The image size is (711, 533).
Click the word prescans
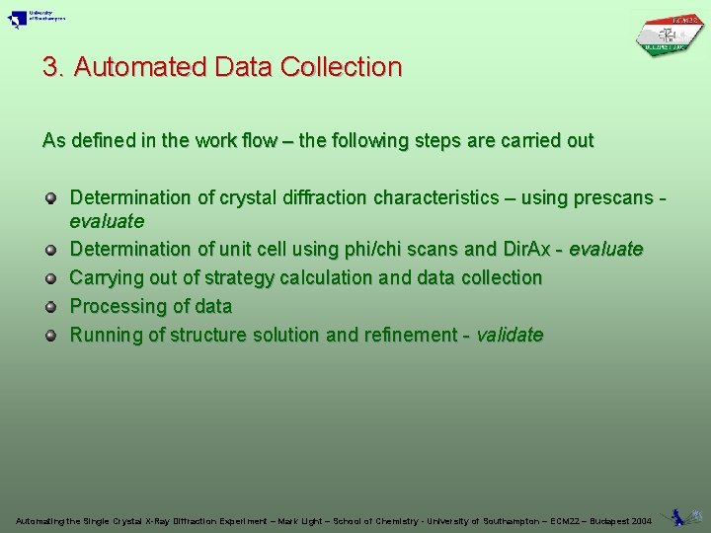[x=609, y=198]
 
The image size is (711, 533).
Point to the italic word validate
[x=510, y=336]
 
